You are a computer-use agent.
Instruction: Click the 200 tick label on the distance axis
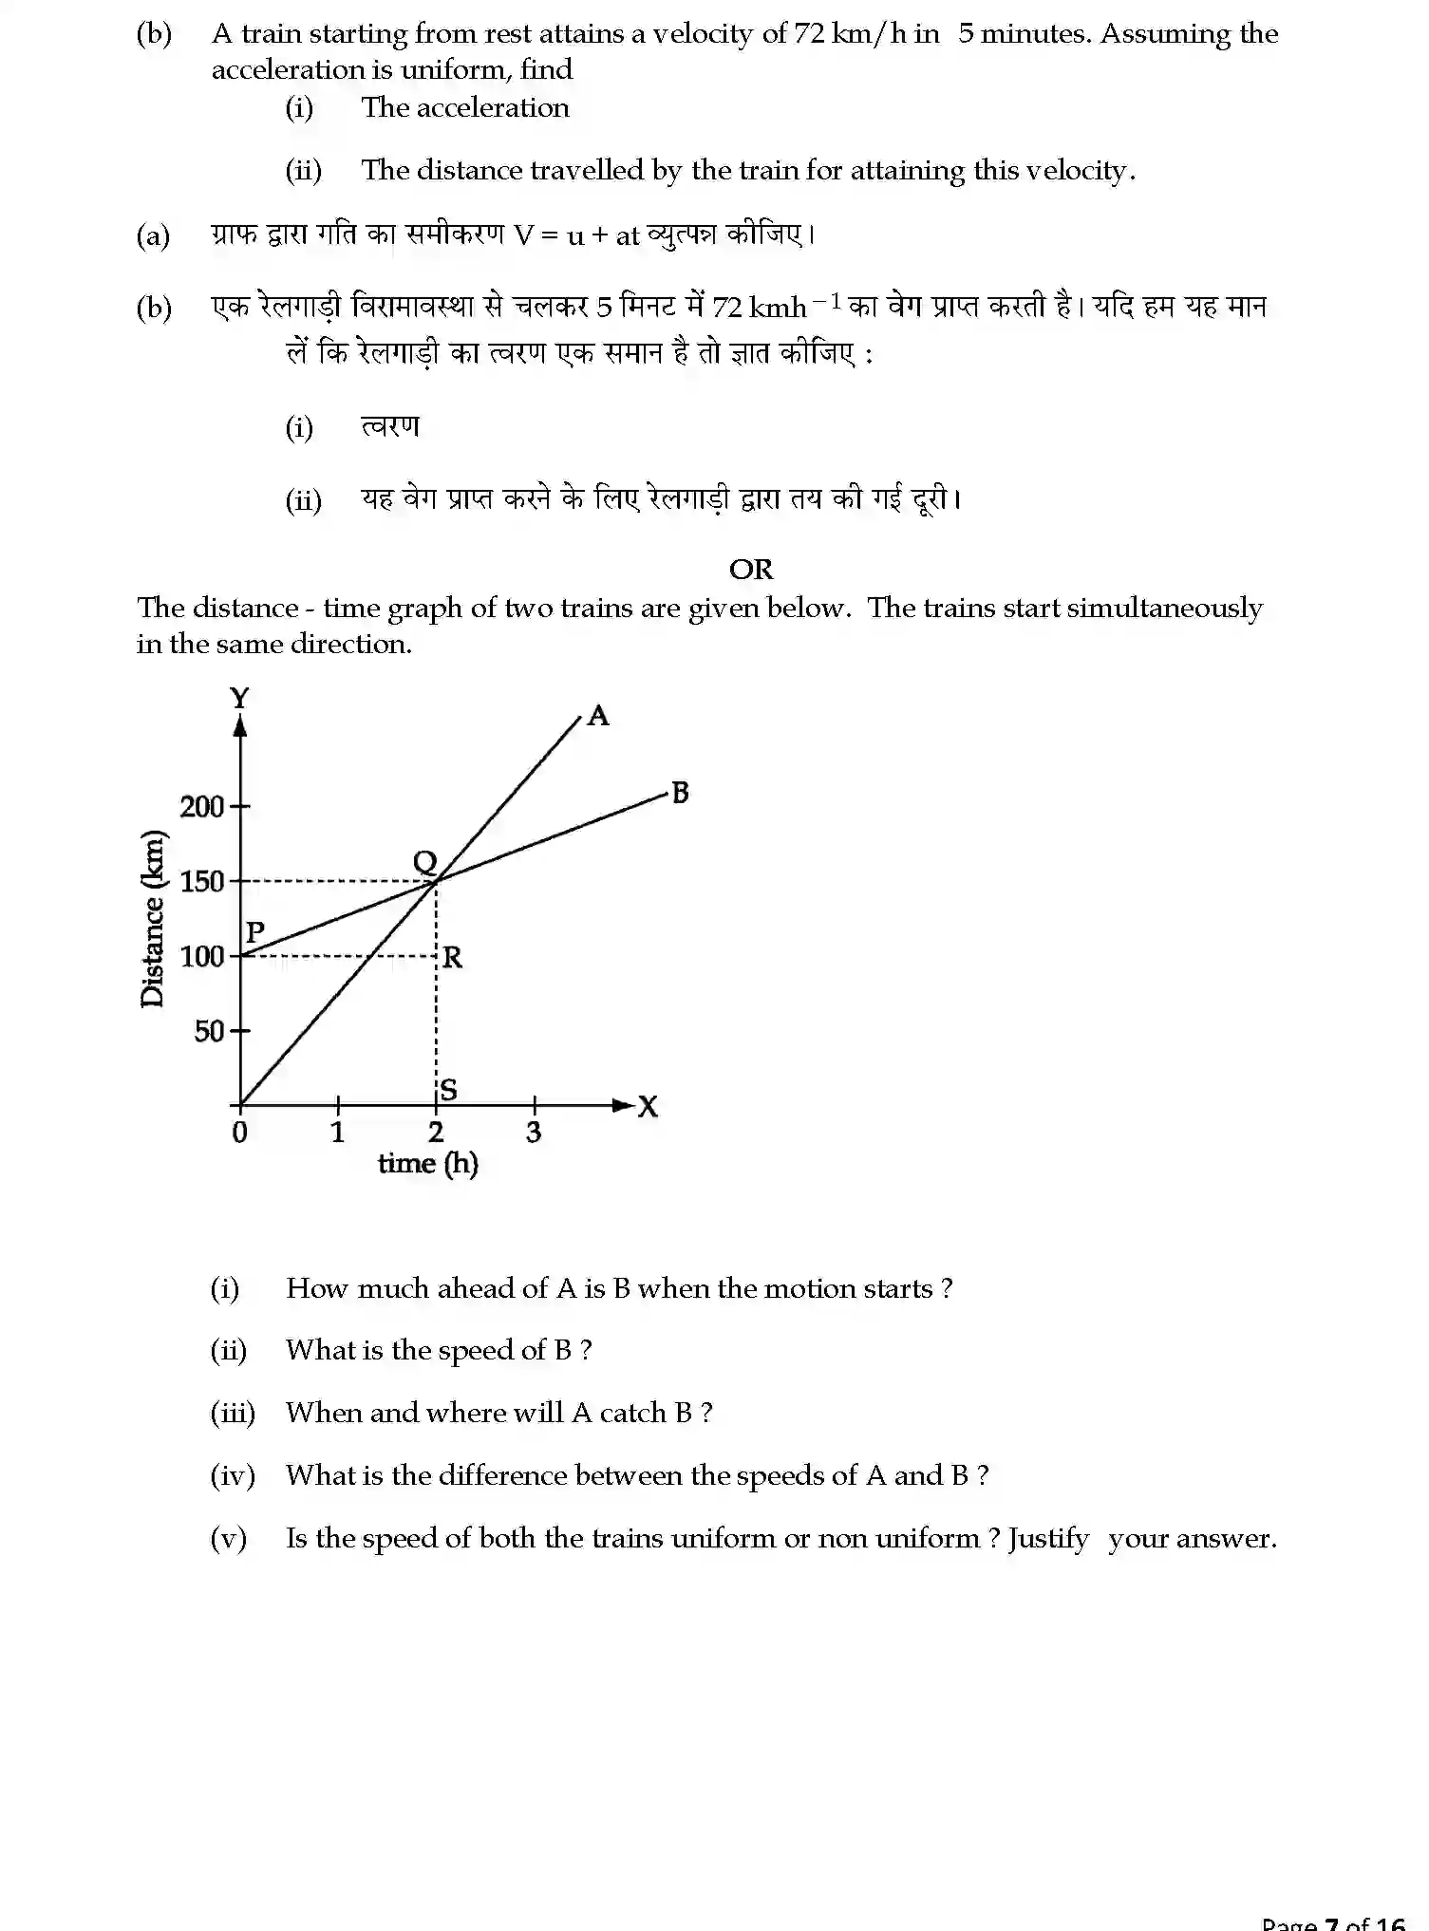point(201,807)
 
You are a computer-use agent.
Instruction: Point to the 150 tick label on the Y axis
point(201,882)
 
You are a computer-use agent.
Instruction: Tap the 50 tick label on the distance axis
point(209,1031)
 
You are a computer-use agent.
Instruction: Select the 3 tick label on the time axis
point(534,1132)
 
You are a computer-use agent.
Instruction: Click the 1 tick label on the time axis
point(337,1132)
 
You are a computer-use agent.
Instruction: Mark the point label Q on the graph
point(424,862)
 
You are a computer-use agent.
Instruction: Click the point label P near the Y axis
point(254,932)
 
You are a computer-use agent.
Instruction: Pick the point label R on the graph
point(453,958)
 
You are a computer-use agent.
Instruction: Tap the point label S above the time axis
point(448,1090)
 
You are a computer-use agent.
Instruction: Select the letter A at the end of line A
point(598,715)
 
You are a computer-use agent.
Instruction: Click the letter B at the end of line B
point(680,793)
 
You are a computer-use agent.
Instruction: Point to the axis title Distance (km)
point(152,918)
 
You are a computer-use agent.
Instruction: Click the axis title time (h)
point(427,1164)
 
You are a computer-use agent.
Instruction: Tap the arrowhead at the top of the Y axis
point(240,726)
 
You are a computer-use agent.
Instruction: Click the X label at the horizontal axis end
point(648,1107)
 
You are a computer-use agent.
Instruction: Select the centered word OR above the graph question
point(750,570)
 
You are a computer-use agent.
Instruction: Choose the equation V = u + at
point(575,235)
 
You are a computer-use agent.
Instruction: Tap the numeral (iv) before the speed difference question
point(233,1475)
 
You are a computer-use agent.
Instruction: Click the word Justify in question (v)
point(1048,1538)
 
